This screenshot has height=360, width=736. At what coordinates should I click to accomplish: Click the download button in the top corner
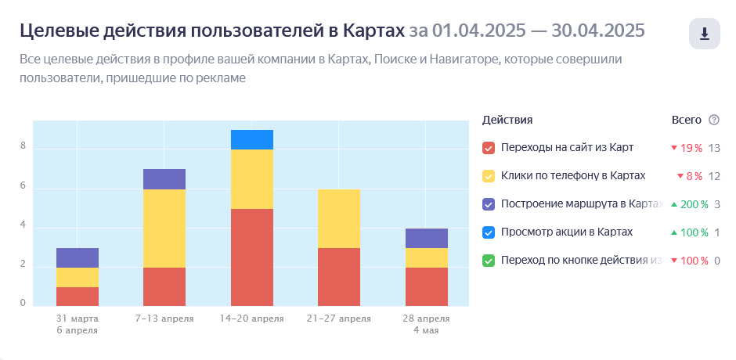pyautogui.click(x=704, y=34)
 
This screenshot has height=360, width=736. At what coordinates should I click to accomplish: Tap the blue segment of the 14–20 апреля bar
pyautogui.click(x=252, y=139)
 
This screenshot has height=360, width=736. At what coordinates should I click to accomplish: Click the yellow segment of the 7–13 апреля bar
pyautogui.click(x=164, y=229)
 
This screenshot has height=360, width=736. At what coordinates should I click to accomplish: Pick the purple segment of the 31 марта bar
pyautogui.click(x=78, y=257)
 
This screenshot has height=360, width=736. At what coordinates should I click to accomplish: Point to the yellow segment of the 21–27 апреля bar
pyautogui.click(x=339, y=218)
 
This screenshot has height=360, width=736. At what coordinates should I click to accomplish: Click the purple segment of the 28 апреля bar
pyautogui.click(x=427, y=238)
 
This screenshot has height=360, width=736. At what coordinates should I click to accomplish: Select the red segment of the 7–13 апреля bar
pyautogui.click(x=164, y=286)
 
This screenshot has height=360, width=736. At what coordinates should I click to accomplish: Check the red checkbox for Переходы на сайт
pyautogui.click(x=489, y=148)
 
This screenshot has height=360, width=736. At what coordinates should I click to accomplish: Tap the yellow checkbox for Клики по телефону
pyautogui.click(x=489, y=176)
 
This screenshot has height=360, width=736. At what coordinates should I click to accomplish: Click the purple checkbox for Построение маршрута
pyautogui.click(x=489, y=204)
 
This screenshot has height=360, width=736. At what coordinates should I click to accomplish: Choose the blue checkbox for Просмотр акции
pyautogui.click(x=489, y=232)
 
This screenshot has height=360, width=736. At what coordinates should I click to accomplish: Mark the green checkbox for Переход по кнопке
pyautogui.click(x=489, y=261)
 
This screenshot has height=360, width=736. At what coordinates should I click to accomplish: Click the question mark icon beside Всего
pyautogui.click(x=713, y=120)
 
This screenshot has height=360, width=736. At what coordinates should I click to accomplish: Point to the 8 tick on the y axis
pyautogui.click(x=23, y=146)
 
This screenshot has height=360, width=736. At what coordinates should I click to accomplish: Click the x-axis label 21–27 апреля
pyautogui.click(x=339, y=319)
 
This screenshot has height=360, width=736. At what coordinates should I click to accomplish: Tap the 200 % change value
pyautogui.click(x=693, y=204)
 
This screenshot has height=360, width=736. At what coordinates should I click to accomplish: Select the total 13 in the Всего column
pyautogui.click(x=713, y=148)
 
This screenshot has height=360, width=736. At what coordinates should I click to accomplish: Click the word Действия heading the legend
pyautogui.click(x=507, y=120)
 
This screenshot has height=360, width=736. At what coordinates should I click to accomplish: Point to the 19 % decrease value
pyautogui.click(x=691, y=148)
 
